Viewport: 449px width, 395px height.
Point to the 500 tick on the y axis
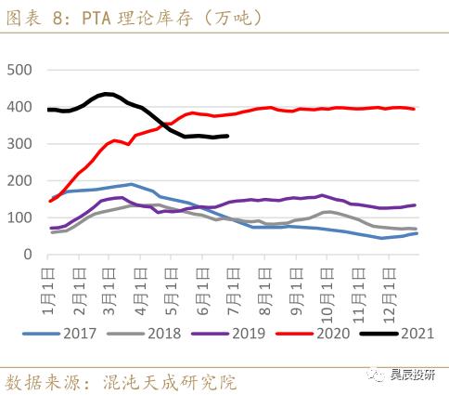point(19,71)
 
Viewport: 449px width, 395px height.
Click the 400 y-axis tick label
point(19,107)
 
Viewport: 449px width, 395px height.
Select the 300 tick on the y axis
point(19,144)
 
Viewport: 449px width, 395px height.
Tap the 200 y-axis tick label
point(19,180)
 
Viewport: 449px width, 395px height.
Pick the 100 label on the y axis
point(19,217)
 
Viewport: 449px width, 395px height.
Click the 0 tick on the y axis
point(28,254)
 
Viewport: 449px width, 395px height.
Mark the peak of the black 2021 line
point(107,94)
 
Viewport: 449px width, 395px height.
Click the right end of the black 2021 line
point(228,136)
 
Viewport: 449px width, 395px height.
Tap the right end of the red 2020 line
point(415,109)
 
